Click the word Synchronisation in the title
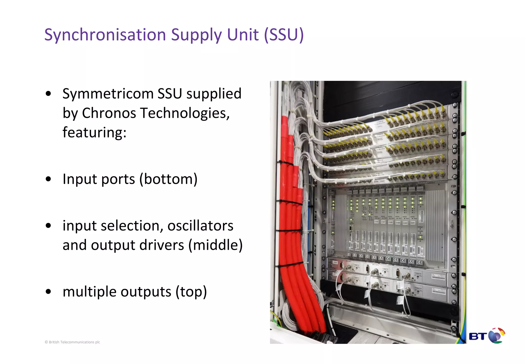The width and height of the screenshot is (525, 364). (x=105, y=35)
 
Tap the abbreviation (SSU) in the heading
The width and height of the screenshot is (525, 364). (x=284, y=35)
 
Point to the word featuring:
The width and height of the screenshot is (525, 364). (x=94, y=132)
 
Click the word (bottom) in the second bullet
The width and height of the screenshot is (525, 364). (x=168, y=179)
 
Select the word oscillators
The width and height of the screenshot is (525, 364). (x=200, y=226)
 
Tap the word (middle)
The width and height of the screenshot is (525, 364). (x=215, y=245)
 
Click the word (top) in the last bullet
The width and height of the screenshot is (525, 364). (x=191, y=292)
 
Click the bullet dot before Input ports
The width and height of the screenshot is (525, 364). (x=48, y=179)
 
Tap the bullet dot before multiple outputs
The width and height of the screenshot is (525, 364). (x=48, y=292)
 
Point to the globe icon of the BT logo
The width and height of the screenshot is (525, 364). (x=496, y=335)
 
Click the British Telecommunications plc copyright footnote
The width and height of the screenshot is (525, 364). (x=72, y=342)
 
